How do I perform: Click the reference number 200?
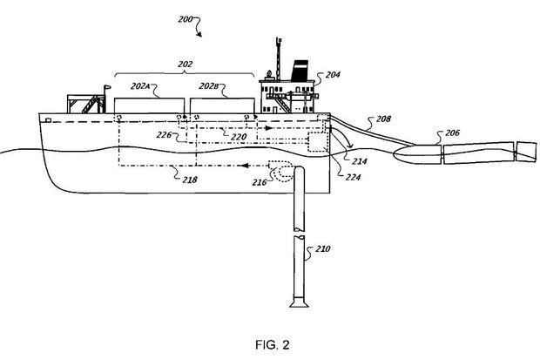pos(186,19)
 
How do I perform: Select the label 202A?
pos(140,86)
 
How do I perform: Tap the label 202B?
pos(209,86)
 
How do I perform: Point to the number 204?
pos(333,74)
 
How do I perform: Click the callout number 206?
pos(452,132)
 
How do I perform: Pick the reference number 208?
pos(383,119)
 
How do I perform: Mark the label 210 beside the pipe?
pos(323,248)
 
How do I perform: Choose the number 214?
pos(360,161)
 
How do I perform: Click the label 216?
pos(260,182)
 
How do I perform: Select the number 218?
pos(190,180)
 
